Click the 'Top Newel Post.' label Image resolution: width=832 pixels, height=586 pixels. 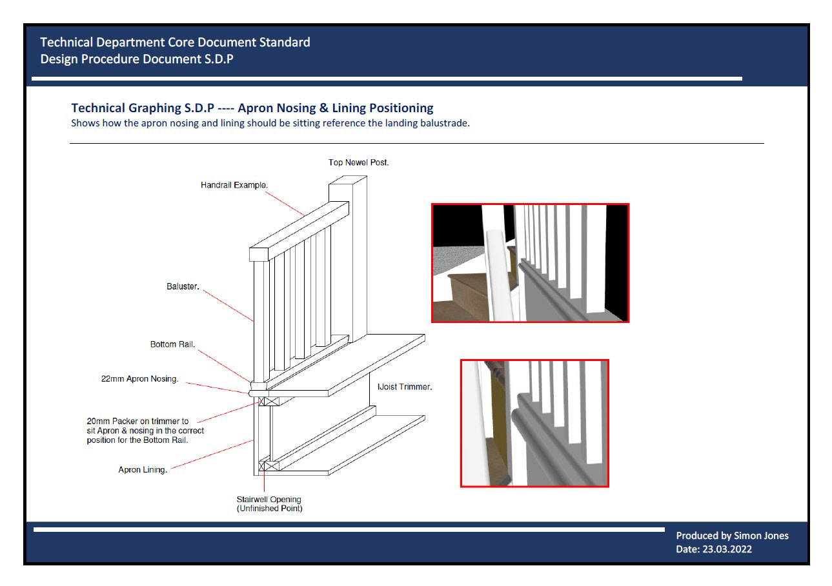pyautogui.click(x=358, y=163)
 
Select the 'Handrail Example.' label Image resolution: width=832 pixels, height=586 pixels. pyautogui.click(x=234, y=185)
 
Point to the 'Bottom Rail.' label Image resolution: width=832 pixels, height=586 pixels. pyautogui.click(x=172, y=344)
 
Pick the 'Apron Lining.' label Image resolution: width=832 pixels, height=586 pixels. pyautogui.click(x=143, y=470)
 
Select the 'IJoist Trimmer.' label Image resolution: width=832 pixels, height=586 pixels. pyautogui.click(x=405, y=387)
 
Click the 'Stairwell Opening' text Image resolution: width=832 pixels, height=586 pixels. pyautogui.click(x=269, y=499)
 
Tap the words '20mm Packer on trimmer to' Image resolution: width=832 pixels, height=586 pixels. pyautogui.click(x=137, y=422)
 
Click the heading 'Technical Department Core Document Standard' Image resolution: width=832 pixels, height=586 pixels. pyautogui.click(x=175, y=43)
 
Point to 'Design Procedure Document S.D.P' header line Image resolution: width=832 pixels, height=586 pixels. pyautogui.click(x=137, y=59)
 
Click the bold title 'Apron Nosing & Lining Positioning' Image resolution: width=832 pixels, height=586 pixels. pyautogui.click(x=336, y=108)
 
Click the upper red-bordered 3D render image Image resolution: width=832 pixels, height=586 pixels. pyautogui.click(x=530, y=262)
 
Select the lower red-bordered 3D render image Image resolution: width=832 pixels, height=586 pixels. pyautogui.click(x=534, y=423)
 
